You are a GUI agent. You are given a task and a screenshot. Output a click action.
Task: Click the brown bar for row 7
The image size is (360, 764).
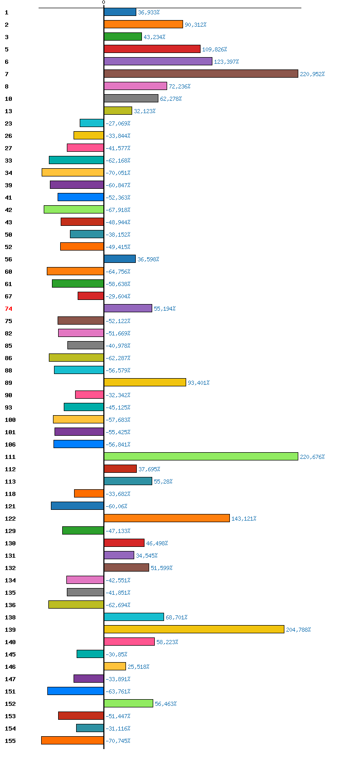click(201, 74)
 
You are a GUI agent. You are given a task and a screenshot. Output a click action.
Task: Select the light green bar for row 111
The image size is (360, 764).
click(201, 456)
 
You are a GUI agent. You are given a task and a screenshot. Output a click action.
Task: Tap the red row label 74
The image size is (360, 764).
click(8, 309)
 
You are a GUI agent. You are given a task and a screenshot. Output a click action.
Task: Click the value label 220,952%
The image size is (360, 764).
click(312, 74)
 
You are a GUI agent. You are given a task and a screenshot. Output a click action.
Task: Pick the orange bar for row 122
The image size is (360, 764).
click(167, 518)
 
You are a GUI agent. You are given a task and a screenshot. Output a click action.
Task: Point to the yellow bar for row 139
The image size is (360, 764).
click(194, 629)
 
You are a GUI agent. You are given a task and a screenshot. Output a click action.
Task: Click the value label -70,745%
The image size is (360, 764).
click(118, 741)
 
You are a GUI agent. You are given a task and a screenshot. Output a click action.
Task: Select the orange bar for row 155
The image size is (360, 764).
click(73, 740)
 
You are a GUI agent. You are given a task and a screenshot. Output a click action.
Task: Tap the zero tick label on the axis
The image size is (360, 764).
click(103, 3)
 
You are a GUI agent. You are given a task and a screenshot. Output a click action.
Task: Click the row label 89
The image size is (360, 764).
click(8, 383)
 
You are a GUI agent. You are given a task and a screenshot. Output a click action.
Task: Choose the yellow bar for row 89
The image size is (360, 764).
click(145, 382)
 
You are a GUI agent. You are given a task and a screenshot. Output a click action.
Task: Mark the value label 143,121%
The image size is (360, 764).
click(244, 519)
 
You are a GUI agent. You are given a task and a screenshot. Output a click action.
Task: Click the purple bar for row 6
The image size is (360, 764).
click(158, 61)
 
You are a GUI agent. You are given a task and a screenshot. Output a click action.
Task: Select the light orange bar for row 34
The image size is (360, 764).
click(73, 172)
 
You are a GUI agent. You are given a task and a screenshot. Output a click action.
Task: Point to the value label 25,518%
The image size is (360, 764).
click(138, 667)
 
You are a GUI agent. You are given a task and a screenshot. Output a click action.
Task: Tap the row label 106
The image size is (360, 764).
click(10, 445)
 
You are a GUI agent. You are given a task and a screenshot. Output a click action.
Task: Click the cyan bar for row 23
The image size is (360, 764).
click(92, 123)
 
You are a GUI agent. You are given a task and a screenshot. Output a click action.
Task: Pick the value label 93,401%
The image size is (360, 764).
click(199, 383)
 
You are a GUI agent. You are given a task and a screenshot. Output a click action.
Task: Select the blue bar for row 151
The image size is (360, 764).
click(76, 691)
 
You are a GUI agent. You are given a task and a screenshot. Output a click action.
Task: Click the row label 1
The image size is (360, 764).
click(6, 12)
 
